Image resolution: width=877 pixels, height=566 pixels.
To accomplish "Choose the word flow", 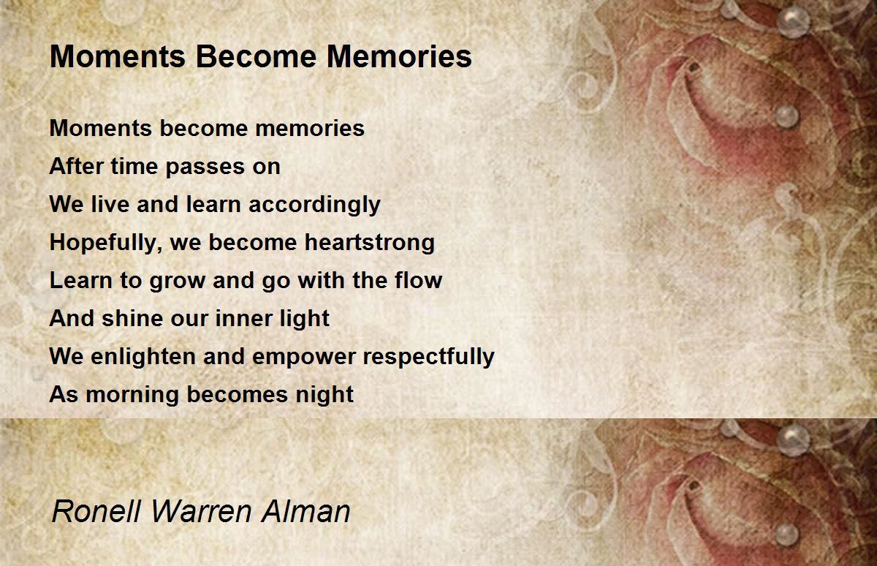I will [x=418, y=281].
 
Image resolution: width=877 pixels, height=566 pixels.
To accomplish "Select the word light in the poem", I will [x=310, y=319].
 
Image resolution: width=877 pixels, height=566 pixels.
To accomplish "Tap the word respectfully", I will [x=429, y=357].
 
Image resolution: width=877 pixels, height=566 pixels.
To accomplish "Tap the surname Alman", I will [x=310, y=511].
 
